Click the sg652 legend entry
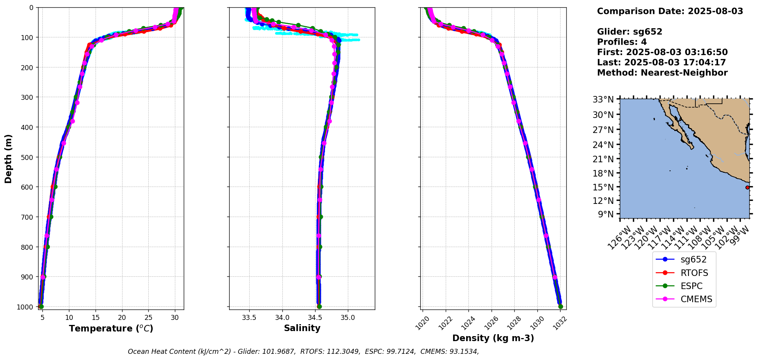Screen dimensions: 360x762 684,260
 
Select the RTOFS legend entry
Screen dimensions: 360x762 684,273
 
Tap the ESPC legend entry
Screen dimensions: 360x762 684,286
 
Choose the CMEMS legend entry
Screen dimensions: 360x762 684,299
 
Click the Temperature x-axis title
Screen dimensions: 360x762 111,328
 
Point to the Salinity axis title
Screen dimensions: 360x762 302,328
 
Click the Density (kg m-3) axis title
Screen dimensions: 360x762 493,338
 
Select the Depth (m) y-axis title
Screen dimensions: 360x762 8,158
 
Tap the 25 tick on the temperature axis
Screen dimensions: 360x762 148,318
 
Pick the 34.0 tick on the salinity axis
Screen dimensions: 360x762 282,318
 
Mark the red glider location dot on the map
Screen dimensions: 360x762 747,187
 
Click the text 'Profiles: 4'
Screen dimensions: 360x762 622,42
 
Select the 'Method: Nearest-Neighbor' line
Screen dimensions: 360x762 662,73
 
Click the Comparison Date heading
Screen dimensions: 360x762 670,11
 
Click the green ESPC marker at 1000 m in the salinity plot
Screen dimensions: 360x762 319,306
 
